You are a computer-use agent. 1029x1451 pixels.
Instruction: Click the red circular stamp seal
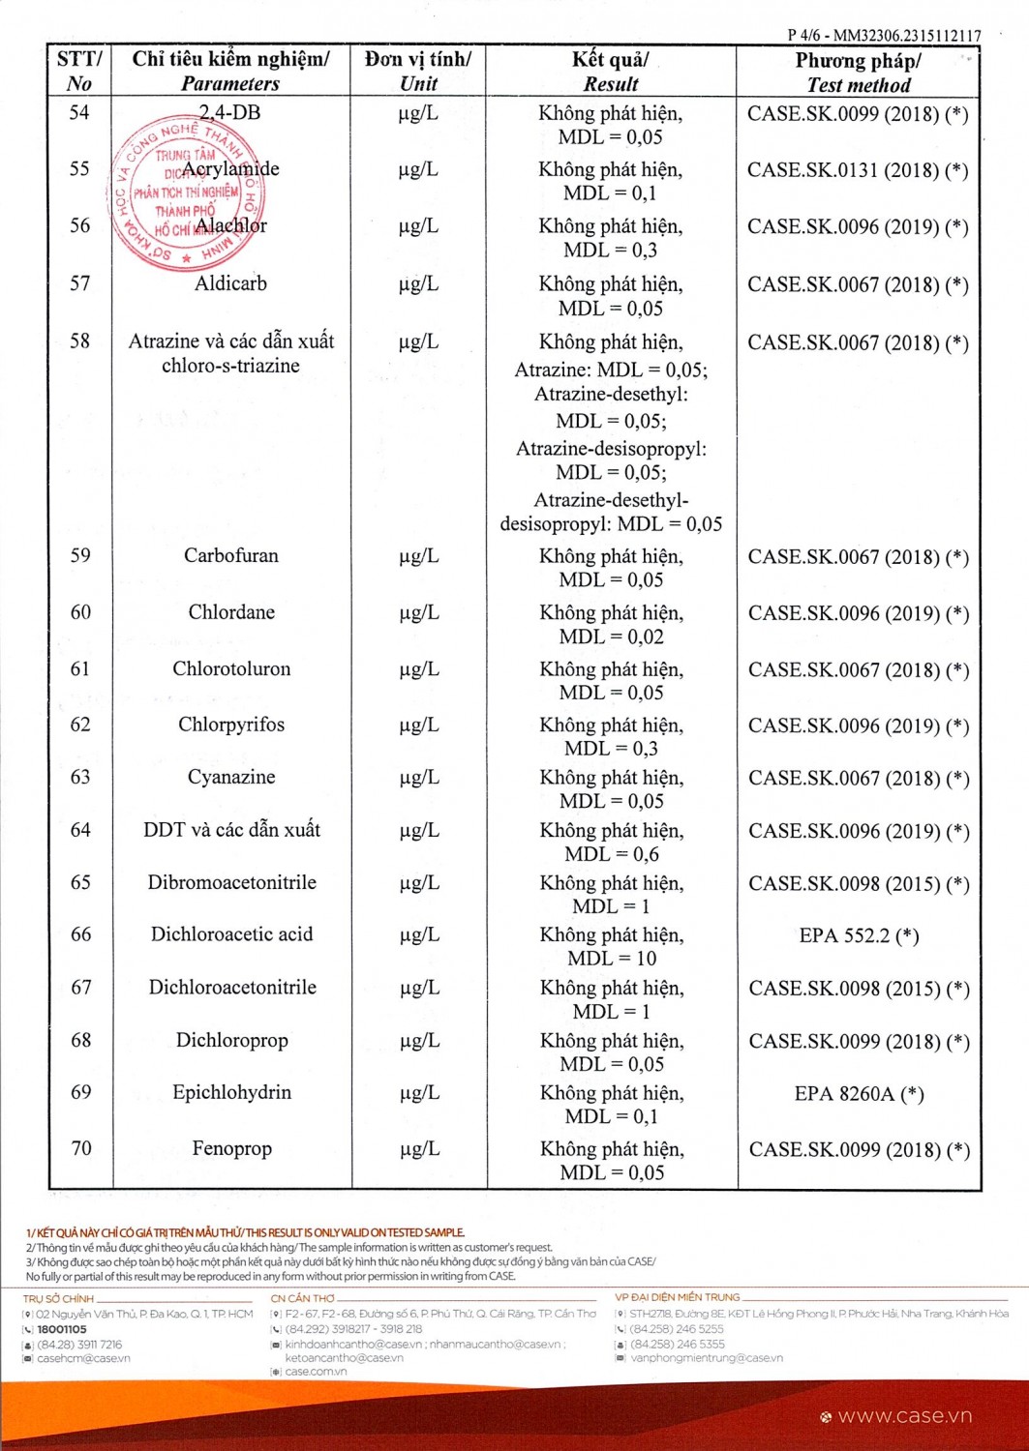185,193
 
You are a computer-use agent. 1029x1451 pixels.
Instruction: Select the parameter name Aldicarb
230,283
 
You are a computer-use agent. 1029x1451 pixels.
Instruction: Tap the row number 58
79,341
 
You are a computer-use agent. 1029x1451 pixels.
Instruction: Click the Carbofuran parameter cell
231,555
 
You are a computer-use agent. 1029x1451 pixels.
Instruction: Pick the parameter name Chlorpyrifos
231,725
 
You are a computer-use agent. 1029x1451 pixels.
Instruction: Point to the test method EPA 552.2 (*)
859,935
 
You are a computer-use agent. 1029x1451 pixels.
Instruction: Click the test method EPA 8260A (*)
859,1094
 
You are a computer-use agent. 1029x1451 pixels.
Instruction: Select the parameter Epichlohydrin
231,1092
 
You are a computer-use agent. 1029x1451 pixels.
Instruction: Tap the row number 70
81,1148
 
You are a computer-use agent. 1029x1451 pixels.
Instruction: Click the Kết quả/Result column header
611,72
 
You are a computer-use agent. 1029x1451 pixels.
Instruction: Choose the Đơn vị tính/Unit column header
418,72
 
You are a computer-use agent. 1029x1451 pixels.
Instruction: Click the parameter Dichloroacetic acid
231,934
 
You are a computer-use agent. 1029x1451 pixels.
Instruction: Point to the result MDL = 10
612,959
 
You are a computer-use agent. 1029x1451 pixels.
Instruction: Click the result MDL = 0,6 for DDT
612,854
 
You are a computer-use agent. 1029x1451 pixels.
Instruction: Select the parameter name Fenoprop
231,1148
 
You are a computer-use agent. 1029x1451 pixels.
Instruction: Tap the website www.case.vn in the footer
904,1416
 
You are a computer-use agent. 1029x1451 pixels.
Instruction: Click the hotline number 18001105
62,1329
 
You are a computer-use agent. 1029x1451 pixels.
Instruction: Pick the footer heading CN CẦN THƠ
303,1298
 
